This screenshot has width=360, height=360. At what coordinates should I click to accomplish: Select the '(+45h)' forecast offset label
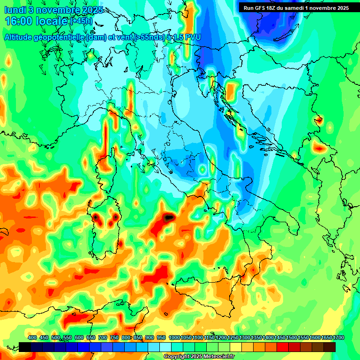click(81, 22)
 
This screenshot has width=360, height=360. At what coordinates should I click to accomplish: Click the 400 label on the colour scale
click(32, 338)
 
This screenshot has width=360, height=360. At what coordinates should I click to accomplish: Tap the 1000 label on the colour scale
click(174, 338)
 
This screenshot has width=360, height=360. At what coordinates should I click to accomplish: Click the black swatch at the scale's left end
click(25, 347)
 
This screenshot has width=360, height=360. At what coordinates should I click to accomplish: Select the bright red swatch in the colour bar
click(283, 347)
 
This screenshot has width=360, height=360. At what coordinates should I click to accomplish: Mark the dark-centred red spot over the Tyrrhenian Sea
click(168, 217)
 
